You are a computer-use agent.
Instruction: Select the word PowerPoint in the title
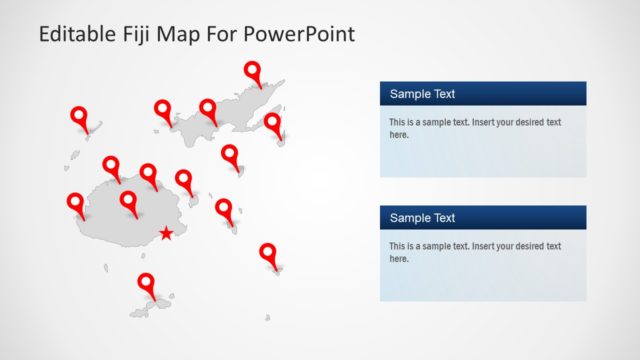pos(304,34)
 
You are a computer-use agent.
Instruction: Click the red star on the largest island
pos(165,234)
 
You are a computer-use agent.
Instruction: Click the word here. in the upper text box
pos(399,135)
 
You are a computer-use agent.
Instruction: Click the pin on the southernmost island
pos(146,283)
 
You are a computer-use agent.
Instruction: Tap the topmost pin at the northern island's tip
pos(252,71)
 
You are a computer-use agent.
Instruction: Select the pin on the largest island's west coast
pos(75,203)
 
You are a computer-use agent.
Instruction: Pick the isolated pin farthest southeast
pos(267,253)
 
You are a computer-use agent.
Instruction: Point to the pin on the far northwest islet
pos(79,117)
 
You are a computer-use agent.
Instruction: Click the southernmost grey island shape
pos(149,303)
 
